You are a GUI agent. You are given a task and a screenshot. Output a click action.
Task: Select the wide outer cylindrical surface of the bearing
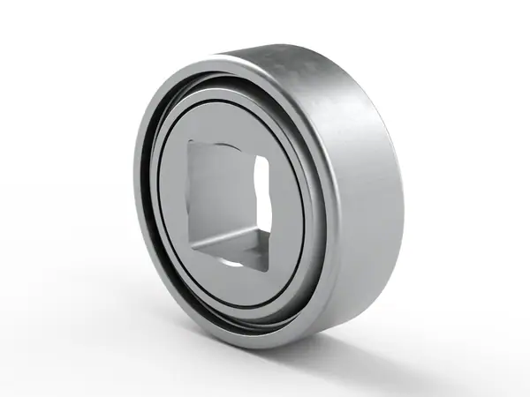click(x=353, y=176)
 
